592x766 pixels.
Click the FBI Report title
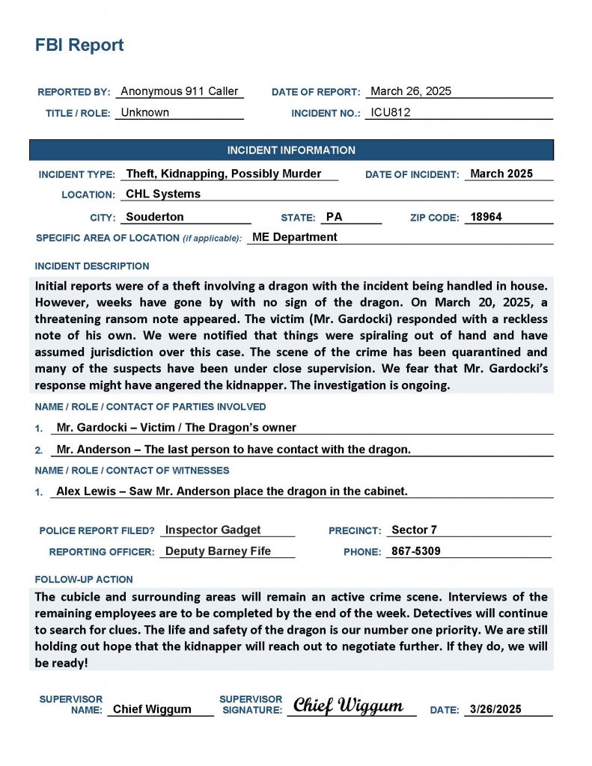(x=79, y=45)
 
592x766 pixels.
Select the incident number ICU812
(x=391, y=113)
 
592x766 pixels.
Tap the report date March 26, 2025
(x=411, y=91)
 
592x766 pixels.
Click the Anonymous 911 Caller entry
(x=180, y=91)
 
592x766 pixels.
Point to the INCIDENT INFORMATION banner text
(x=291, y=150)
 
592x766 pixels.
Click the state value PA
(x=335, y=217)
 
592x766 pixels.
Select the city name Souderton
(x=155, y=217)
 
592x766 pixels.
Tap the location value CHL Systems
(x=163, y=194)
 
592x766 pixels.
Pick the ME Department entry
(x=295, y=237)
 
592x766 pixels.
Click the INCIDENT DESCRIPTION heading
(x=92, y=266)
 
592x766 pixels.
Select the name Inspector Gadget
(x=213, y=530)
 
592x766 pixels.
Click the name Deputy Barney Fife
(x=218, y=551)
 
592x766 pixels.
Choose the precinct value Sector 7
(x=415, y=530)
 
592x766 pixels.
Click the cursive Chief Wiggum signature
(x=348, y=705)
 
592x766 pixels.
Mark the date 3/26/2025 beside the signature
(x=495, y=709)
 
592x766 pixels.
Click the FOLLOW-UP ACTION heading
(x=84, y=579)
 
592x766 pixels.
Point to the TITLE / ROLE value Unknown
(x=145, y=113)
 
